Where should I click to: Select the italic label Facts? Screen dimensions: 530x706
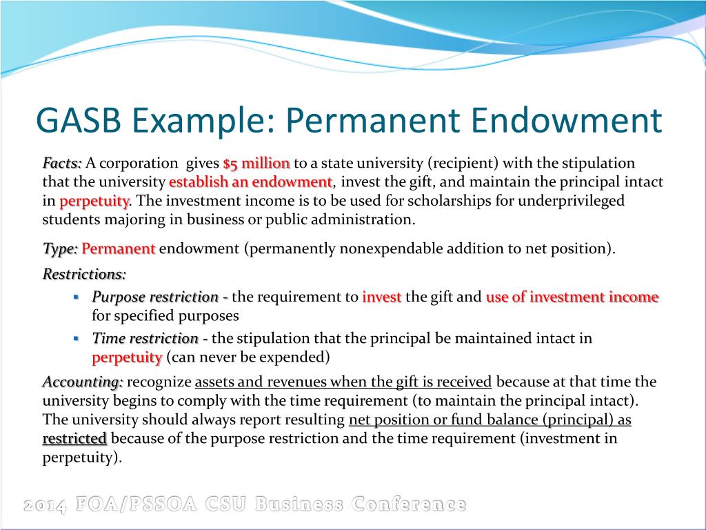tap(62, 164)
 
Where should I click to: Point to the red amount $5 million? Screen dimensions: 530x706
tap(256, 164)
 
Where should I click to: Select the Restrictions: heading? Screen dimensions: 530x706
tap(84, 274)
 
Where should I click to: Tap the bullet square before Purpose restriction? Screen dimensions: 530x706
tap(77, 297)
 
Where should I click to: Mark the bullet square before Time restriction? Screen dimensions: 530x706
tap(77, 338)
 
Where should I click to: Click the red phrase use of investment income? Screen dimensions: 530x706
tap(572, 297)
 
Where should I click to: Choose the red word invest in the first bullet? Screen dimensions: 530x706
tap(381, 297)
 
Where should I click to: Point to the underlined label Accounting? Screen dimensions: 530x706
tap(83, 382)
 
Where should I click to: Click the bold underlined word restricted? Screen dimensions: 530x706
tap(74, 439)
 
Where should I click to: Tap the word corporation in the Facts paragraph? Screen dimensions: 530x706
tap(140, 164)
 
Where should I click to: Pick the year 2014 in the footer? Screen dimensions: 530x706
tap(45, 505)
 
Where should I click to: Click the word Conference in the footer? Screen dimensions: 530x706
tap(408, 504)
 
